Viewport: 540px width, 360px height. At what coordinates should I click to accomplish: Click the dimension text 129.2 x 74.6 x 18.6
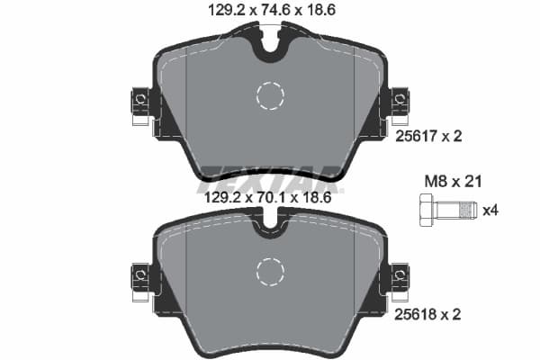coord(270,10)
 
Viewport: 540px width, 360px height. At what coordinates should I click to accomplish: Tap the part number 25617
coord(414,136)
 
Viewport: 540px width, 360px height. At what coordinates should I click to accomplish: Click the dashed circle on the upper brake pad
coord(270,94)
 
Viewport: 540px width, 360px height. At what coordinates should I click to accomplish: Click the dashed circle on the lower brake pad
coord(270,271)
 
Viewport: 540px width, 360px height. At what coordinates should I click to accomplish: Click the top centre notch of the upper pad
coord(270,45)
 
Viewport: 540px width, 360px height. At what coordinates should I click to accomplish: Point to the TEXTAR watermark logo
coord(270,175)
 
